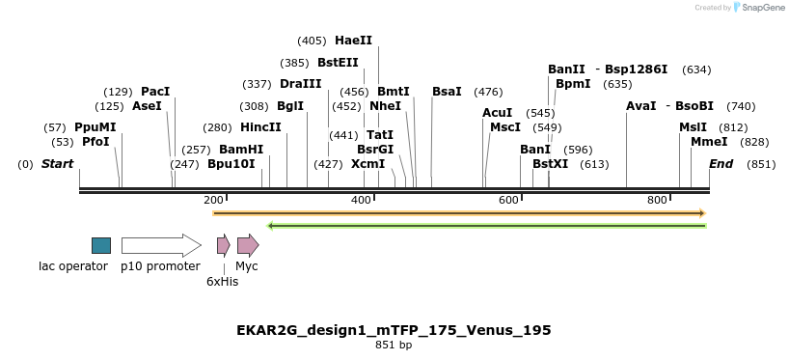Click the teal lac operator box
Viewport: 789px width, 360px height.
[101, 245]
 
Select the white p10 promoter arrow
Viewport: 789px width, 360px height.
[160, 245]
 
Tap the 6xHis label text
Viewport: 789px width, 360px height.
[222, 282]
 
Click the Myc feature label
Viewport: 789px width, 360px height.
[247, 266]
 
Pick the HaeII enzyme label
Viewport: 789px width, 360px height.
[353, 41]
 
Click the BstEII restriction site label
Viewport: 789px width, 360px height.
[338, 63]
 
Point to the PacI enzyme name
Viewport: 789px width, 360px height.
[155, 92]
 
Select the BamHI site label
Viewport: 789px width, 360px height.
[241, 150]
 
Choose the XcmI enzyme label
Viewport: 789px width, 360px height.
[367, 164]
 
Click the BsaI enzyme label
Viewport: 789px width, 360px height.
[447, 92]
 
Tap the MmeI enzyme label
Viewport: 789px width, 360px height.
[709, 142]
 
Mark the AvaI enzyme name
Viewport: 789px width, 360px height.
[640, 106]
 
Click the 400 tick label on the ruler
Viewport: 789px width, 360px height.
[361, 200]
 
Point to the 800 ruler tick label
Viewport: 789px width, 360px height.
[657, 200]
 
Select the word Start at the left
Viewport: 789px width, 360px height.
[57, 164]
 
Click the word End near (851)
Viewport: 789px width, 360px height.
[721, 164]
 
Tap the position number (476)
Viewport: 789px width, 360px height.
[488, 92]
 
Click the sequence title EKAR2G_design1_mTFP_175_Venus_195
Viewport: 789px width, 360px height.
[394, 330]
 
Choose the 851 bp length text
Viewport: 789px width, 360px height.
[394, 346]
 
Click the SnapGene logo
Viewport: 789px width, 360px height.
[761, 8]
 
